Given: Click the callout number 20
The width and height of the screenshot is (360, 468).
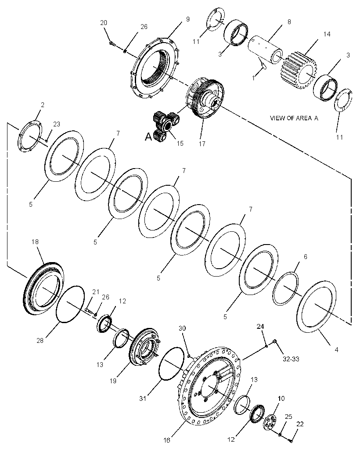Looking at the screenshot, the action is click(x=104, y=23).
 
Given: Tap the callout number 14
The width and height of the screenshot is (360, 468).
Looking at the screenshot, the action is click(x=327, y=34).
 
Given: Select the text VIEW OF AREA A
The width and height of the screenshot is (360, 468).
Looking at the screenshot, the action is click(x=294, y=118).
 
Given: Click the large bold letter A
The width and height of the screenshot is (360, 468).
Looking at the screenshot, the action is click(x=148, y=137).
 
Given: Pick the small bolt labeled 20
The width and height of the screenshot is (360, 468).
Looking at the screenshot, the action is click(x=112, y=44).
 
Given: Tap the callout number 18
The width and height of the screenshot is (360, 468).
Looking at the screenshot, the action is click(x=35, y=241).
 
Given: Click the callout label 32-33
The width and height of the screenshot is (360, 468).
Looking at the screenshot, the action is click(x=291, y=359).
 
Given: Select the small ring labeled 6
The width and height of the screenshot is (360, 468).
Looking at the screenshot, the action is click(x=286, y=288).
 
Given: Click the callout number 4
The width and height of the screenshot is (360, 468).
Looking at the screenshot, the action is click(x=336, y=349).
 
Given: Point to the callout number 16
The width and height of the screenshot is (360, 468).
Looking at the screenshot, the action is click(x=166, y=440).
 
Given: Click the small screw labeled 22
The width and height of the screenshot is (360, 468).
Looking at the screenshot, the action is click(x=291, y=440).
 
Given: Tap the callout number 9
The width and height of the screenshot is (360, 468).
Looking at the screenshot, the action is click(x=188, y=19).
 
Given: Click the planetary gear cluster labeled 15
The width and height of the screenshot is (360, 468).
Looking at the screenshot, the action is click(x=166, y=126).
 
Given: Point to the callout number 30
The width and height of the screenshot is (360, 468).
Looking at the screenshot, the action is click(x=182, y=328).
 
